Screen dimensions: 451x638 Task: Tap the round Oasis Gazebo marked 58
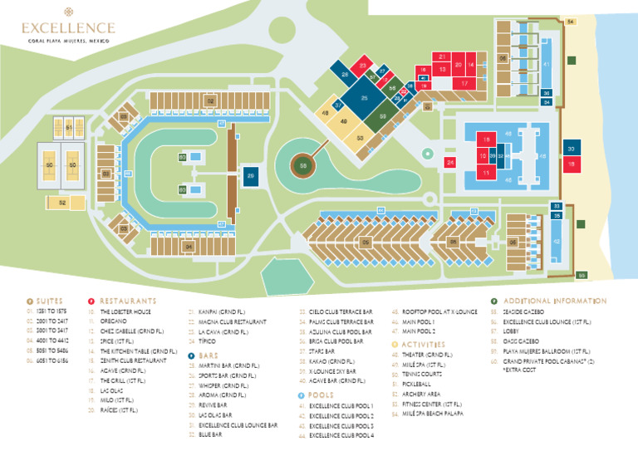coord(303,165)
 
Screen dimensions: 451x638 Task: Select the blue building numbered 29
coord(250,175)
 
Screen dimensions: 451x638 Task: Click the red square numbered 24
coord(450,163)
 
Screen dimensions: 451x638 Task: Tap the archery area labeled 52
coord(62,202)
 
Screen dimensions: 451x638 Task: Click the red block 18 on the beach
coord(571,164)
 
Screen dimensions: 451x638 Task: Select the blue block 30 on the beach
coord(571,149)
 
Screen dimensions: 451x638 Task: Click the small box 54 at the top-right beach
coord(570,21)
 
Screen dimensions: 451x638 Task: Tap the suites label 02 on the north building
coord(210,101)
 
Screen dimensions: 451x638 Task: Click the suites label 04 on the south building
coord(189,247)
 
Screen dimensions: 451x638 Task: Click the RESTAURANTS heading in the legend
coord(127,301)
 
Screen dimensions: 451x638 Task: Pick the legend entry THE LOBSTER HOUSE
coord(125,311)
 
